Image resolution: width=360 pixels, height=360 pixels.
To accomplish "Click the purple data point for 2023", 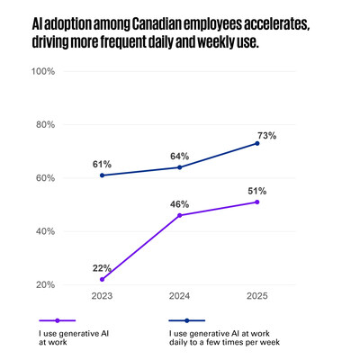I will click(x=101, y=280).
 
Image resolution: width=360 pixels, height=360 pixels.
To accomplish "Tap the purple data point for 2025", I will click(x=257, y=202).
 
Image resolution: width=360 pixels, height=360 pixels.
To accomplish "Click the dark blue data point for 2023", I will click(x=101, y=175).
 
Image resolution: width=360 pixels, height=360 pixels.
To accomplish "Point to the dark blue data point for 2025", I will click(x=257, y=143).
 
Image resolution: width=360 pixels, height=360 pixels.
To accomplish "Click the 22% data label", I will click(x=101, y=268).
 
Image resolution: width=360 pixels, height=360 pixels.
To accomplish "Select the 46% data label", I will click(x=179, y=204).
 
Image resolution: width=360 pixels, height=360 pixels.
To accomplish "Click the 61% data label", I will click(x=101, y=164).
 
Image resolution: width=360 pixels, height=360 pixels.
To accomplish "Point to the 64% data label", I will click(x=179, y=156).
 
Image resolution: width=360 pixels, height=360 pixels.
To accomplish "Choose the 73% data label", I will click(x=265, y=135).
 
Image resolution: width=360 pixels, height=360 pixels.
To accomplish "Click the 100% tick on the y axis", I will click(x=44, y=71).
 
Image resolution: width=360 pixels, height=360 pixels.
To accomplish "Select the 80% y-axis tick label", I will click(x=46, y=125).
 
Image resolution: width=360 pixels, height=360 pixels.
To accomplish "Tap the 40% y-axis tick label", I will click(x=46, y=231).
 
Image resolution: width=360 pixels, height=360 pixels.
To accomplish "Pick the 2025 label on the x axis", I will click(x=257, y=296).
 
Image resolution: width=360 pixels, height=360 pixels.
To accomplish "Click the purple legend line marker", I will click(x=58, y=320).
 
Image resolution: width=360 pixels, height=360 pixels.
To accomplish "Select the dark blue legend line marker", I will click(x=187, y=320).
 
